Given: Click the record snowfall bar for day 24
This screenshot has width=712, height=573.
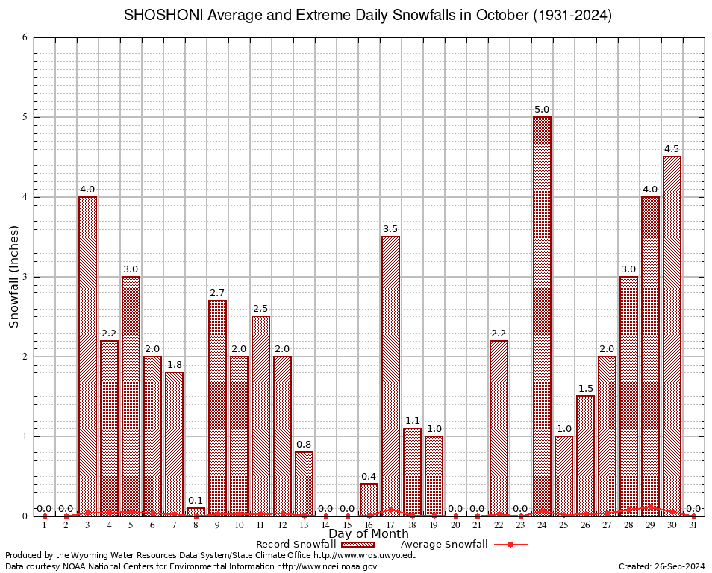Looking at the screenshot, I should [x=542, y=316].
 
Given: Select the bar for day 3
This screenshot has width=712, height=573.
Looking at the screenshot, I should [x=87, y=356].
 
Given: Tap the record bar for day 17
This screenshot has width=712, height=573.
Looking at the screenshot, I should [x=390, y=376].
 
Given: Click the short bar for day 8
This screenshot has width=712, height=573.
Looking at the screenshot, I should [x=196, y=512].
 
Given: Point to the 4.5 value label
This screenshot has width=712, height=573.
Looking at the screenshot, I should [x=672, y=149].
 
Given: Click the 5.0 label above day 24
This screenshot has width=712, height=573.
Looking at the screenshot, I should [x=542, y=110].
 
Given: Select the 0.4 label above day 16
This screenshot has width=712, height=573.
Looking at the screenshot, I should [x=369, y=477].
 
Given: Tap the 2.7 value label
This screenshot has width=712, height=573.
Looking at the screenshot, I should [x=217, y=293].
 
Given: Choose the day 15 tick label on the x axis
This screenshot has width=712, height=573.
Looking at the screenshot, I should [x=347, y=525].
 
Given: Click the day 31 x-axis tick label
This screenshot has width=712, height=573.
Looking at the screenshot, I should [x=693, y=525].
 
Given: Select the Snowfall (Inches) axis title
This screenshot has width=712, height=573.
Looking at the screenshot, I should [x=13, y=277].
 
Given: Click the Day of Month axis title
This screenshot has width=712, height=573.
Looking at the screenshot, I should [x=369, y=533].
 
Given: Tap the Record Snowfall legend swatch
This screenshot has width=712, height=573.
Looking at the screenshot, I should [x=360, y=545].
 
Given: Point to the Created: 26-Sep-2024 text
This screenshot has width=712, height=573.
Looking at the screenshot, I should [x=662, y=566].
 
